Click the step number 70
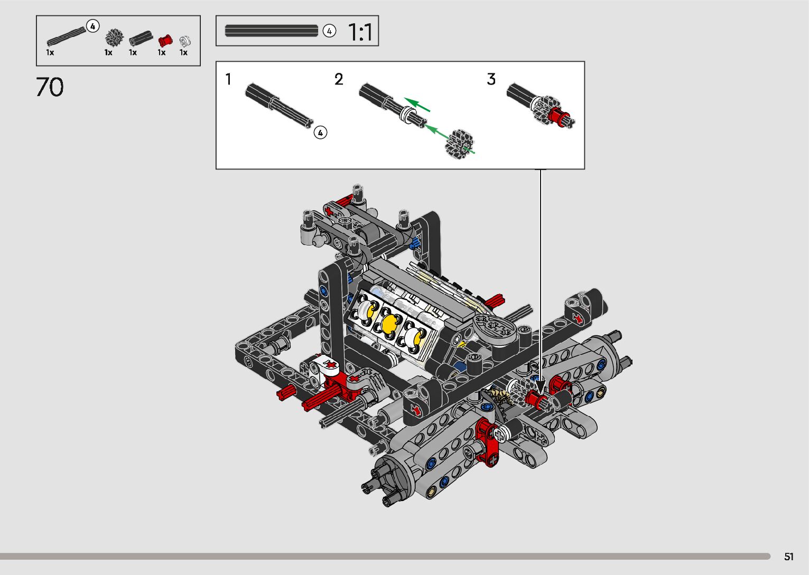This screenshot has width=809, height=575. (x=50, y=87)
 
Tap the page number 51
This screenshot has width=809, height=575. (x=789, y=557)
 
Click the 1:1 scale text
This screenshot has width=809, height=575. (x=360, y=32)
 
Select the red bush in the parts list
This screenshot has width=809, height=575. (x=165, y=41)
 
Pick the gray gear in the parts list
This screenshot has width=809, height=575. (x=114, y=38)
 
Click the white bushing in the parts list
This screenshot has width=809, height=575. (x=185, y=41)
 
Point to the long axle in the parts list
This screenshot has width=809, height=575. (x=67, y=36)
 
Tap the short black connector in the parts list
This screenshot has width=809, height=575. (x=141, y=38)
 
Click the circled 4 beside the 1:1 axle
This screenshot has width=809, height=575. (x=329, y=31)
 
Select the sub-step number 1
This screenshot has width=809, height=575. (x=228, y=79)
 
